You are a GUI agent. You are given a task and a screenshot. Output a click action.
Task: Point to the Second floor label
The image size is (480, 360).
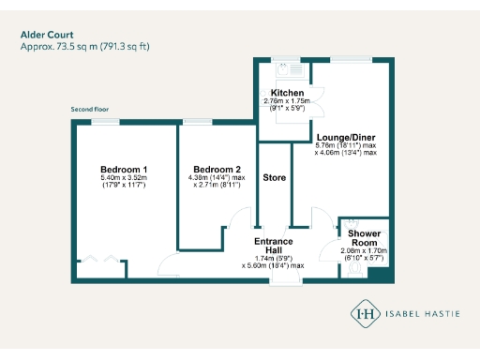coord(90,110)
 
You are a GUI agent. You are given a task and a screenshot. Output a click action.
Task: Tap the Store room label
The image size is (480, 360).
coord(274,177)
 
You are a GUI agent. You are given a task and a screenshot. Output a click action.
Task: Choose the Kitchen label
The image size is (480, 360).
coord(288,93)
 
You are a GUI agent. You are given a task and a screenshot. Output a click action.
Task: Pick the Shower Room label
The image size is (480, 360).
coord(364,238)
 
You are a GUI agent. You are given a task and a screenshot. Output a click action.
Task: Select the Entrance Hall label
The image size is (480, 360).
coord(273,247)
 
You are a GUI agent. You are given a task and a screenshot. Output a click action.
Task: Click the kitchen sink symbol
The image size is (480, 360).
coord(285,68)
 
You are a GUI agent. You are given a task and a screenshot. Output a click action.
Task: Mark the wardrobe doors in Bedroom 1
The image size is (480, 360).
coord(101,262)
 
